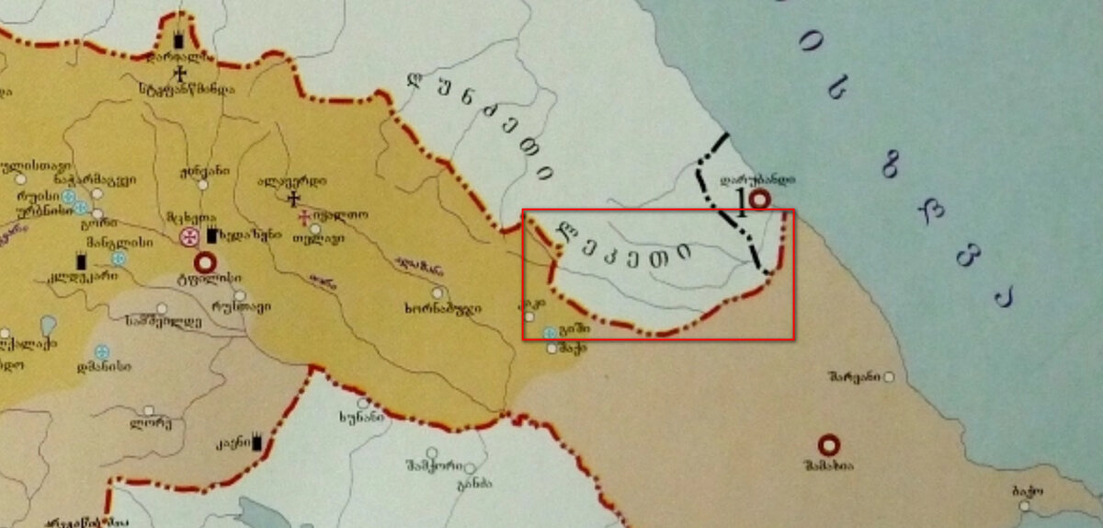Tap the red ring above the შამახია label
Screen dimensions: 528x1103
coord(829,445)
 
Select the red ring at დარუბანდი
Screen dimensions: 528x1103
coord(759,199)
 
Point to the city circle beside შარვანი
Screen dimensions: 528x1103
coord(890,377)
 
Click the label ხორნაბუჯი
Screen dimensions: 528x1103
coord(442,307)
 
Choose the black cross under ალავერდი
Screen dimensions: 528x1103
coord(293,198)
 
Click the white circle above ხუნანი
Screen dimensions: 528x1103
coord(364,403)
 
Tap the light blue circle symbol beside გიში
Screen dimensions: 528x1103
coord(550,332)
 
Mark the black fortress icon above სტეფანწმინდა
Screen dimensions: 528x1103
coord(179,40)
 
